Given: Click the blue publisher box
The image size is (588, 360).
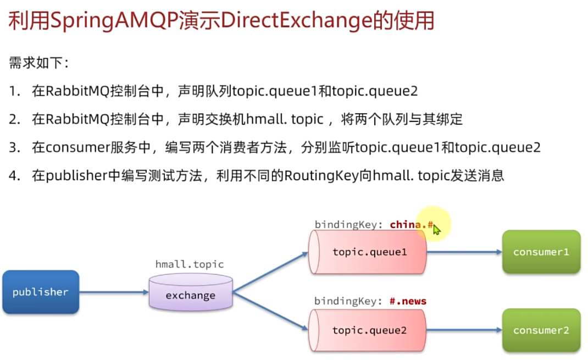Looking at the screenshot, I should [41, 292].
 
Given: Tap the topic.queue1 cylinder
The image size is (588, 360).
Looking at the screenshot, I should [368, 252].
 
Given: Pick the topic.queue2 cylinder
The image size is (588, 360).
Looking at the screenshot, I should [368, 330].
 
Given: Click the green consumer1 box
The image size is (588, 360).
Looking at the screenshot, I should [541, 252].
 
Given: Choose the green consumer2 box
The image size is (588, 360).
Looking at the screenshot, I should [541, 330].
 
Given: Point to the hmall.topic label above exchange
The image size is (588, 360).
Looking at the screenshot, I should [190, 264].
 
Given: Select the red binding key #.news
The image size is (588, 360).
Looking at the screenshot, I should [408, 301].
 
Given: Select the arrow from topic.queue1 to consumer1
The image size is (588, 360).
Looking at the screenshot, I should [464, 252].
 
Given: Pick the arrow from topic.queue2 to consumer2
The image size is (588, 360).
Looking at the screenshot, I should [464, 330].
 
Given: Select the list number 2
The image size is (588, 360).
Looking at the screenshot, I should [14, 119].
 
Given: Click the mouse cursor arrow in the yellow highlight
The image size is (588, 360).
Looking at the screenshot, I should [436, 229].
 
